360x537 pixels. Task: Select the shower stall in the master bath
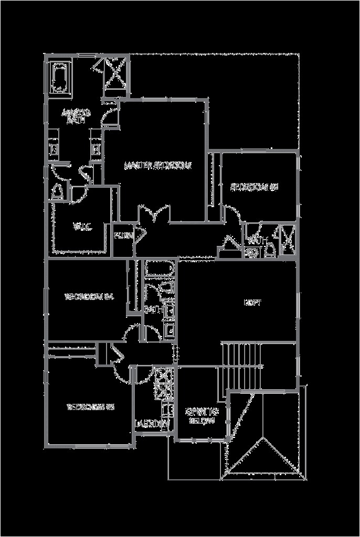(115, 74)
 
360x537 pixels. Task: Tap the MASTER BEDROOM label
(157, 166)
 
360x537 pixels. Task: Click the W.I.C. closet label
(82, 227)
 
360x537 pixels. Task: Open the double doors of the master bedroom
(153, 215)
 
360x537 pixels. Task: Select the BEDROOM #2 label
(254, 186)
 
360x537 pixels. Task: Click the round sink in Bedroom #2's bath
(251, 252)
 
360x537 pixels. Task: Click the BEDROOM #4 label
(89, 297)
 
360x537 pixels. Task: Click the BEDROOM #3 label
(91, 406)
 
